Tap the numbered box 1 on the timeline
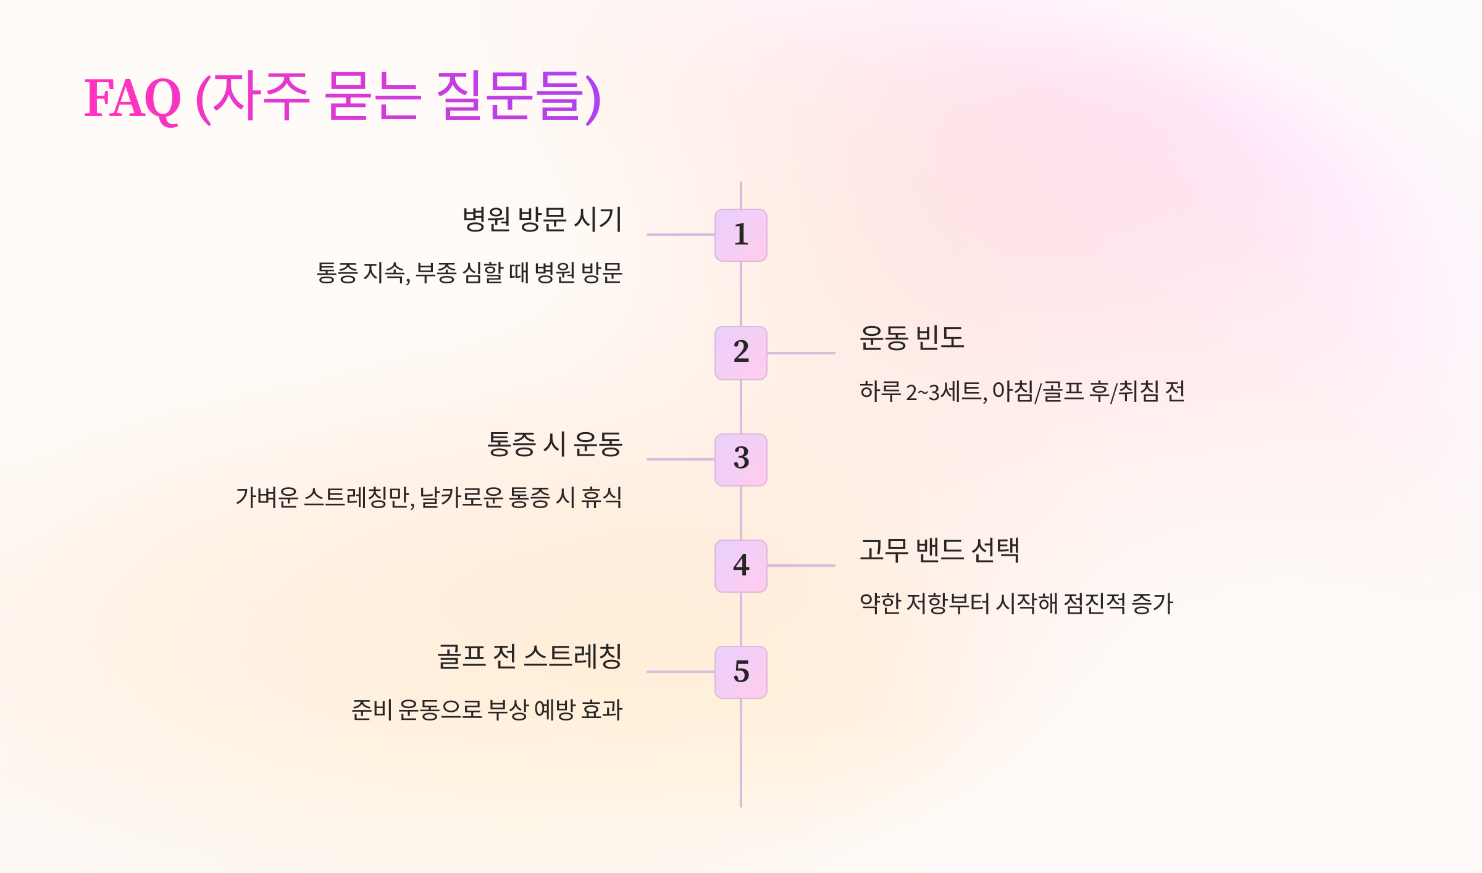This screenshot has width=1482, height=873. pyautogui.click(x=741, y=235)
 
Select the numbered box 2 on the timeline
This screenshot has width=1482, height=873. pyautogui.click(x=741, y=353)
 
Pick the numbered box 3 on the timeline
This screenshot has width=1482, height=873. pyautogui.click(x=741, y=459)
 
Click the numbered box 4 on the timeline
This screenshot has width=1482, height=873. pyautogui.click(x=741, y=566)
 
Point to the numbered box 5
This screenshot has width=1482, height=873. pyautogui.click(x=741, y=672)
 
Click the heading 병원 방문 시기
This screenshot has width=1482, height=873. pyautogui.click(x=542, y=220)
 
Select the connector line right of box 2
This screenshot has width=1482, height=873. pyautogui.click(x=801, y=353)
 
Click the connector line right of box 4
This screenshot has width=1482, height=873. pyautogui.click(x=801, y=566)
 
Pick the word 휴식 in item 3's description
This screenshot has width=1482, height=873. pyautogui.click(x=601, y=498)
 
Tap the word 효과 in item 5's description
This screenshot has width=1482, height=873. pyautogui.click(x=601, y=710)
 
